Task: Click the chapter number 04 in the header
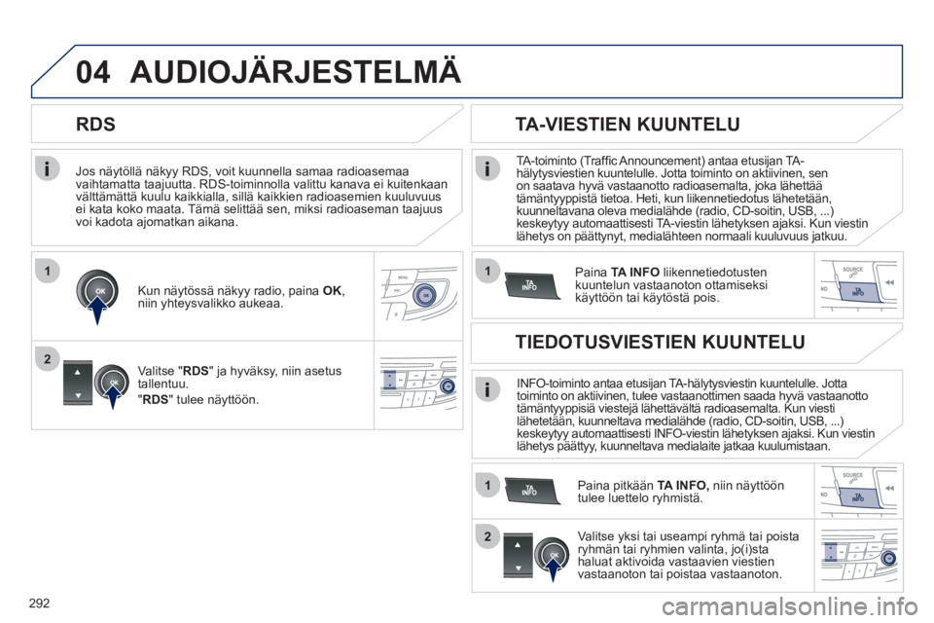tap(93, 72)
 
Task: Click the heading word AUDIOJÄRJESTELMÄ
tap(296, 70)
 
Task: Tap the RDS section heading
tap(96, 124)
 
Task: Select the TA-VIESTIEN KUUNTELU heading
tap(628, 124)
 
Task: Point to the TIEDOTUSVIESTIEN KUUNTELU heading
tap(660, 342)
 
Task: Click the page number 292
tap(39, 604)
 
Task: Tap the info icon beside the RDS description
tap(47, 168)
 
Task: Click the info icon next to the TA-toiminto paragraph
tap(487, 169)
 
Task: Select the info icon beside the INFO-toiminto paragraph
tap(487, 390)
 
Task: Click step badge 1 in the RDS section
tap(47, 272)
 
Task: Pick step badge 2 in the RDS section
tap(47, 359)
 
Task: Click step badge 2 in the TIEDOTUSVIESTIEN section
tap(487, 536)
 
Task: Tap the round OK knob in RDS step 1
tap(97, 291)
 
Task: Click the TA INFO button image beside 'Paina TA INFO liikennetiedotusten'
tap(532, 285)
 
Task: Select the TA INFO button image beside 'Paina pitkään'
tap(532, 491)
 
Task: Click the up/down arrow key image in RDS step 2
tap(78, 383)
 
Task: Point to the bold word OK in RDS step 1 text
tap(333, 291)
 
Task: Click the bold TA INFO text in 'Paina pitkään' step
tap(683, 486)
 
